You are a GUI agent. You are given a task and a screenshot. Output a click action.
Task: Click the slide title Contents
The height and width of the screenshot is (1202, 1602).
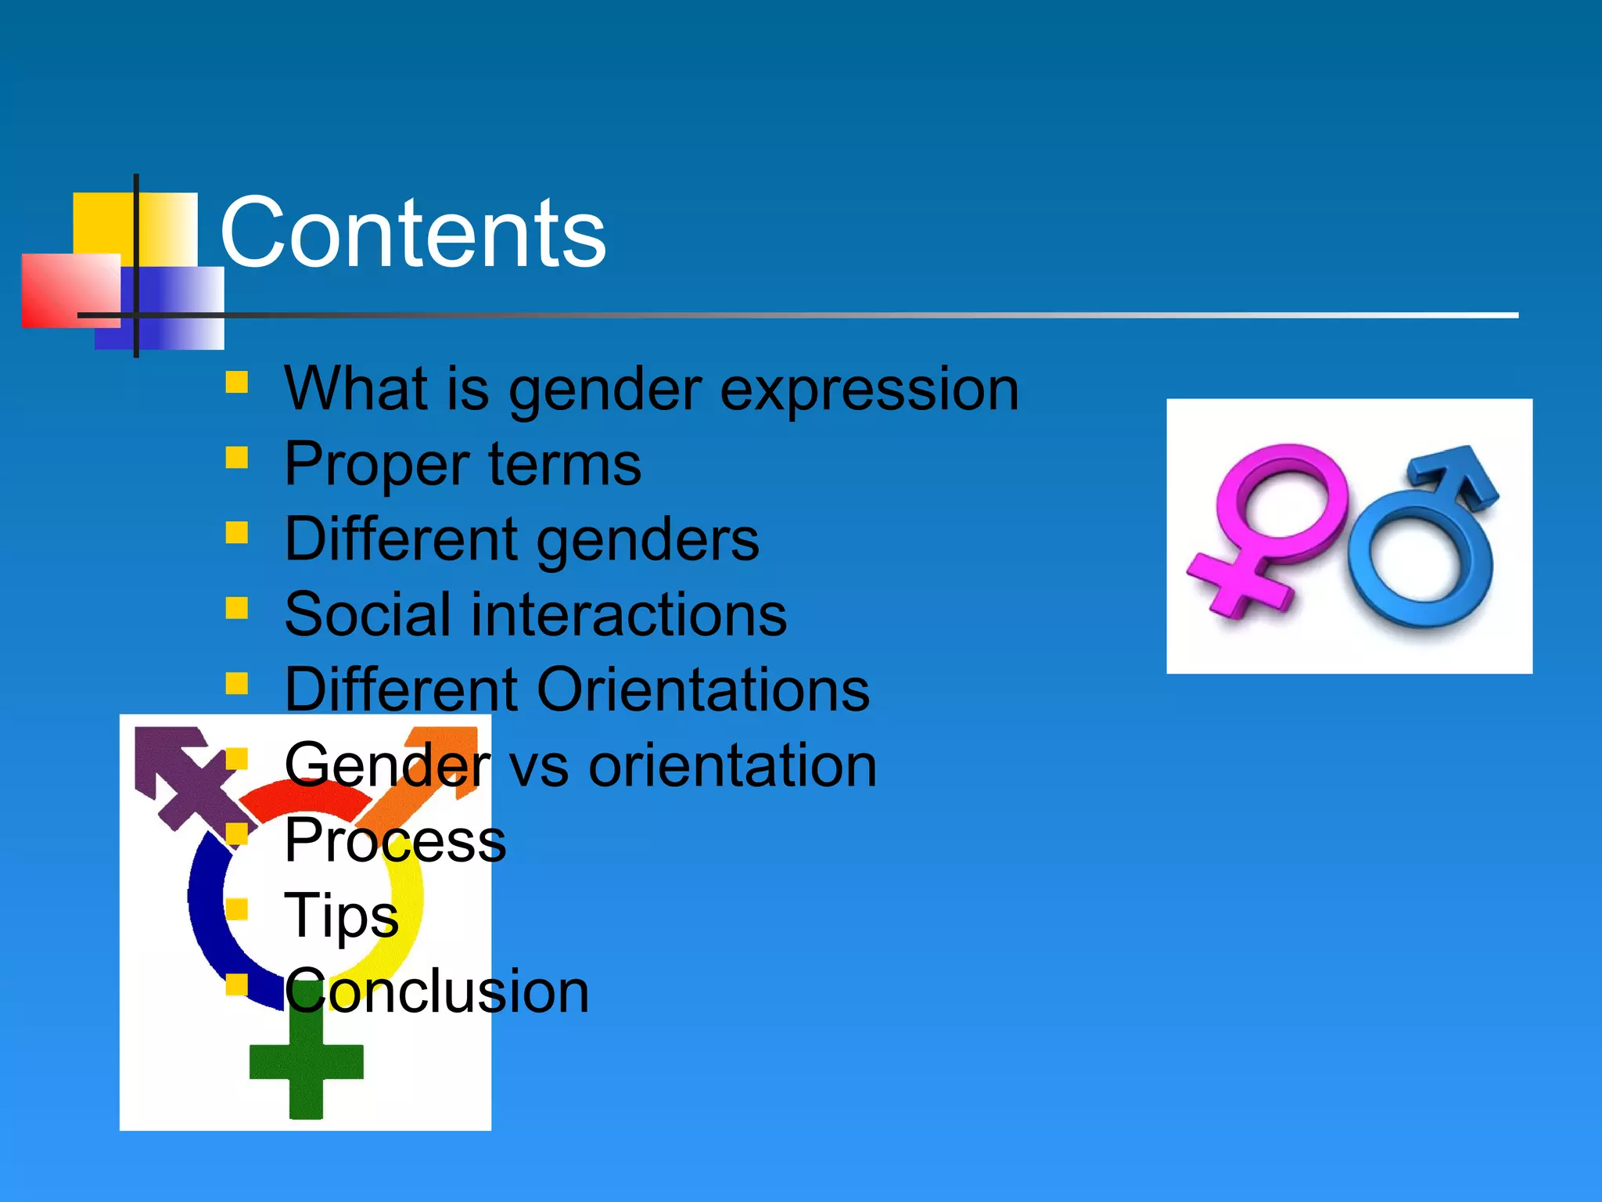pyautogui.click(x=412, y=233)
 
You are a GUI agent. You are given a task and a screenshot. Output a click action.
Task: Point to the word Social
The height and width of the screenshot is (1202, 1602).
pyautogui.click(x=366, y=614)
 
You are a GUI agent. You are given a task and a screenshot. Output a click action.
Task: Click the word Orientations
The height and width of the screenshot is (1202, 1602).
pyautogui.click(x=703, y=690)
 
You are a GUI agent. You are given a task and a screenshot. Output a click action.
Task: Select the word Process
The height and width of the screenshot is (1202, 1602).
pyautogui.click(x=395, y=840)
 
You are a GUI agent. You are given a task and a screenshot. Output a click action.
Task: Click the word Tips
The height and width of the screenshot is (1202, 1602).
pyautogui.click(x=342, y=915)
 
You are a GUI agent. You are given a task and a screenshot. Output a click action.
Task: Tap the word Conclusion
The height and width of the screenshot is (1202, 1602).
pyautogui.click(x=436, y=991)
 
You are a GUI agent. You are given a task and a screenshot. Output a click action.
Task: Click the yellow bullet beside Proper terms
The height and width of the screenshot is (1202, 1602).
pyautogui.click(x=236, y=457)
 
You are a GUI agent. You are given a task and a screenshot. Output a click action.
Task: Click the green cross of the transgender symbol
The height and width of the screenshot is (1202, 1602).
pyautogui.click(x=306, y=1064)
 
